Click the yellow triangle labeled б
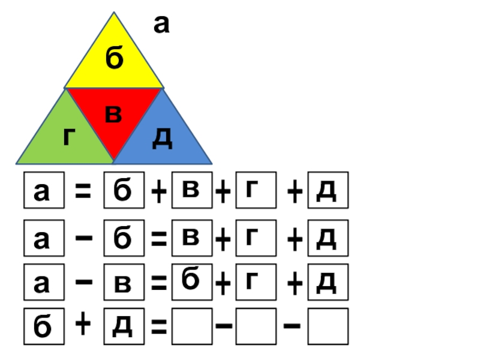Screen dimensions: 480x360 [114, 63]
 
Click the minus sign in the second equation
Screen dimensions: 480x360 [83, 238]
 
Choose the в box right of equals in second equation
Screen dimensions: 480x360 [191, 238]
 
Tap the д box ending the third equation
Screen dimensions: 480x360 [328, 283]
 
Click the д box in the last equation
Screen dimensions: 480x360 [124, 326]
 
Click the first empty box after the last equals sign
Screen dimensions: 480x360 [191, 326]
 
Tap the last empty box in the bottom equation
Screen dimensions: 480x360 [328, 326]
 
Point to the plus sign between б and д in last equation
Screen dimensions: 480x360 [83, 325]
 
